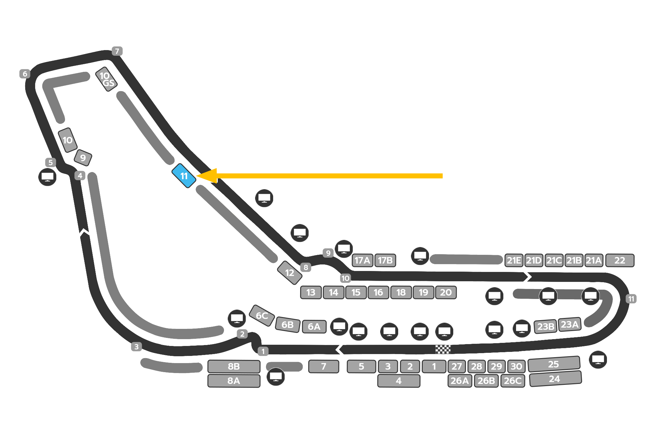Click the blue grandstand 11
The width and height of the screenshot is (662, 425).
coord(184,176)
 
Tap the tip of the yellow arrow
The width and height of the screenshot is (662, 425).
coord(197,176)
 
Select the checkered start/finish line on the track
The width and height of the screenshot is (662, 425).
coord(443,349)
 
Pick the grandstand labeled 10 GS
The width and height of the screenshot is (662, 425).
coord(106,79)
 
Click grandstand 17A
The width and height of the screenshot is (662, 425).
coord(362,260)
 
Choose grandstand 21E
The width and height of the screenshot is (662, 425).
coord(514,260)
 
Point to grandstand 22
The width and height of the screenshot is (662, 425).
coord(620,260)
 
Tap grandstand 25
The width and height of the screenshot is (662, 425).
coord(554,364)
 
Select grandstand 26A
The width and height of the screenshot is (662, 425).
coord(459,381)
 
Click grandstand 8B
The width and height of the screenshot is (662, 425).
coord(234,367)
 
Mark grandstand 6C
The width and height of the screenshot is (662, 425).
coord(262,315)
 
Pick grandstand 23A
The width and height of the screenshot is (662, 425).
coord(570,325)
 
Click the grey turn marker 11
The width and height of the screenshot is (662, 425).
coord(631,299)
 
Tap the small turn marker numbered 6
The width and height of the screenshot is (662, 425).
coord(25,74)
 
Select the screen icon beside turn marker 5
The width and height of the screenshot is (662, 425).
coord(47,177)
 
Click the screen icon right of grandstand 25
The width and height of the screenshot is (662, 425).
coord(598,360)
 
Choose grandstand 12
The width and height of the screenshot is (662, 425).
coord(290,273)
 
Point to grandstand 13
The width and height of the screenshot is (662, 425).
coord(311,292)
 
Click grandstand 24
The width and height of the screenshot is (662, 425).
coord(555,379)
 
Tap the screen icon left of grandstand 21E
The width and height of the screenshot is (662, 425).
coord(420,256)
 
